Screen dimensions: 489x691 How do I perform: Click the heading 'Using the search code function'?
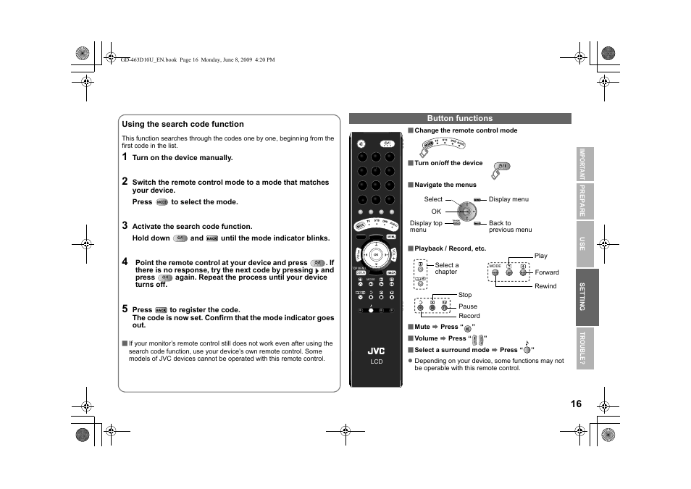183,124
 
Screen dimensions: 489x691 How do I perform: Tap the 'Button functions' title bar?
459,118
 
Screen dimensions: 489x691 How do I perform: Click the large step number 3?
125,225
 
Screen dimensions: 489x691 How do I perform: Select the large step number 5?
125,309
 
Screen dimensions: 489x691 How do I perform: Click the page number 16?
575,404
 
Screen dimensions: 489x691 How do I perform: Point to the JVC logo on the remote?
376,351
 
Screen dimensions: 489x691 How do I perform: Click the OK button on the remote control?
376,254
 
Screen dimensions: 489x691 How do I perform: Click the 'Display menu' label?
508,199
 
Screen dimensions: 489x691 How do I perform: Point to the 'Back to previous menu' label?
510,227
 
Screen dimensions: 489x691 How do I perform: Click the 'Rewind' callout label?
545,286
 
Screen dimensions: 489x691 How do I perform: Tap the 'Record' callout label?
469,316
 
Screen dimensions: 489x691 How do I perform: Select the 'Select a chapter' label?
446,269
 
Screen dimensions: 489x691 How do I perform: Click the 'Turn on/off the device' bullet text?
448,163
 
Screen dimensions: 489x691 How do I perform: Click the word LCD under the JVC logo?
376,361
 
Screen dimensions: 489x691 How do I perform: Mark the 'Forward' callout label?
547,272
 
